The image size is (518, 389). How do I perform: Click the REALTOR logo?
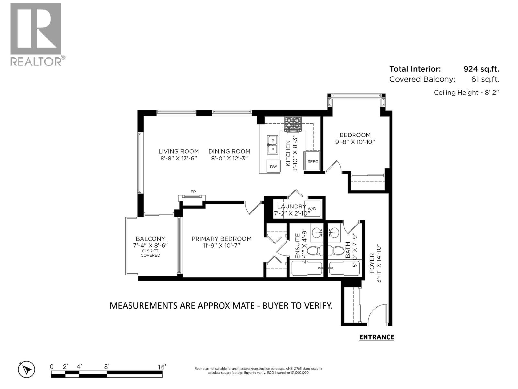36,34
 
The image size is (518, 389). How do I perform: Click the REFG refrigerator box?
312,161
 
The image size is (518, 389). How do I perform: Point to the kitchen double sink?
273,145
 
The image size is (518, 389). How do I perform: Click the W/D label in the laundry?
311,209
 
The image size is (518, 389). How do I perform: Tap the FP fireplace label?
193,192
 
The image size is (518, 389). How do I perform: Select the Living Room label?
178,151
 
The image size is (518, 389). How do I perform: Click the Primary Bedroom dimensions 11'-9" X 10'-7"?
221,246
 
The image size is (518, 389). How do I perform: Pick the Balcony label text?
150,239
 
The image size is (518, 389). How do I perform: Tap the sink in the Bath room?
333,232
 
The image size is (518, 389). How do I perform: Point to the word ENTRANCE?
377,337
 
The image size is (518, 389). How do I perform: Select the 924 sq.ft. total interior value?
481,69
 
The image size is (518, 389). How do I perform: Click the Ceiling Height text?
466,93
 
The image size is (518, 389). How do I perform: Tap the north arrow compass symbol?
27,370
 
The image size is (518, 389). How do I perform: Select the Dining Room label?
229,151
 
